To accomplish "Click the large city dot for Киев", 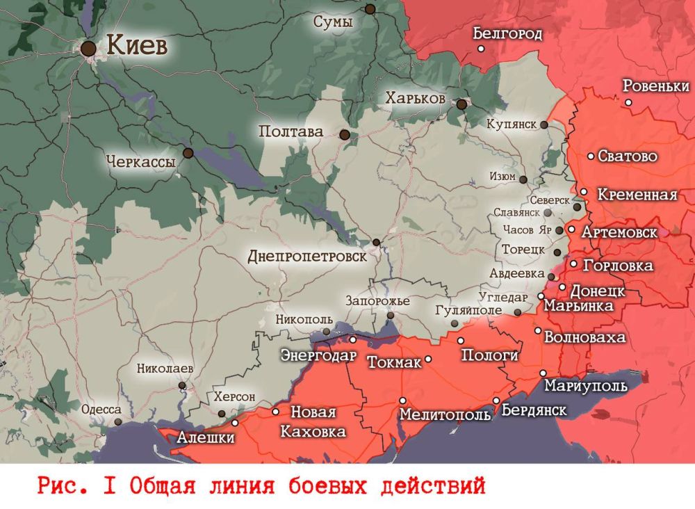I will (88, 49).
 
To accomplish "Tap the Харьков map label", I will (415, 99).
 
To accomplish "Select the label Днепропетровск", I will (306, 257).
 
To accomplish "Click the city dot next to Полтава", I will (344, 134).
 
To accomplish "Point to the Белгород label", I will (507, 33).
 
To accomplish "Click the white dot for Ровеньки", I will (628, 102).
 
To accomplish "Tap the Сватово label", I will (627, 156).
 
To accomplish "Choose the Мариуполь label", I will (585, 386).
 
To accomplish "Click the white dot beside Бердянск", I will (496, 401).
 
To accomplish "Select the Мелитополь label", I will (445, 414).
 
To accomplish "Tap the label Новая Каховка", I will (313, 422).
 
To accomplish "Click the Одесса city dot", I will (118, 421).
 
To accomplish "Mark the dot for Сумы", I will (370, 9).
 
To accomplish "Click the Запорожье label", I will (377, 301).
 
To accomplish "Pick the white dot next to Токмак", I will (428, 359).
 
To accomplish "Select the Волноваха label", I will (585, 338).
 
